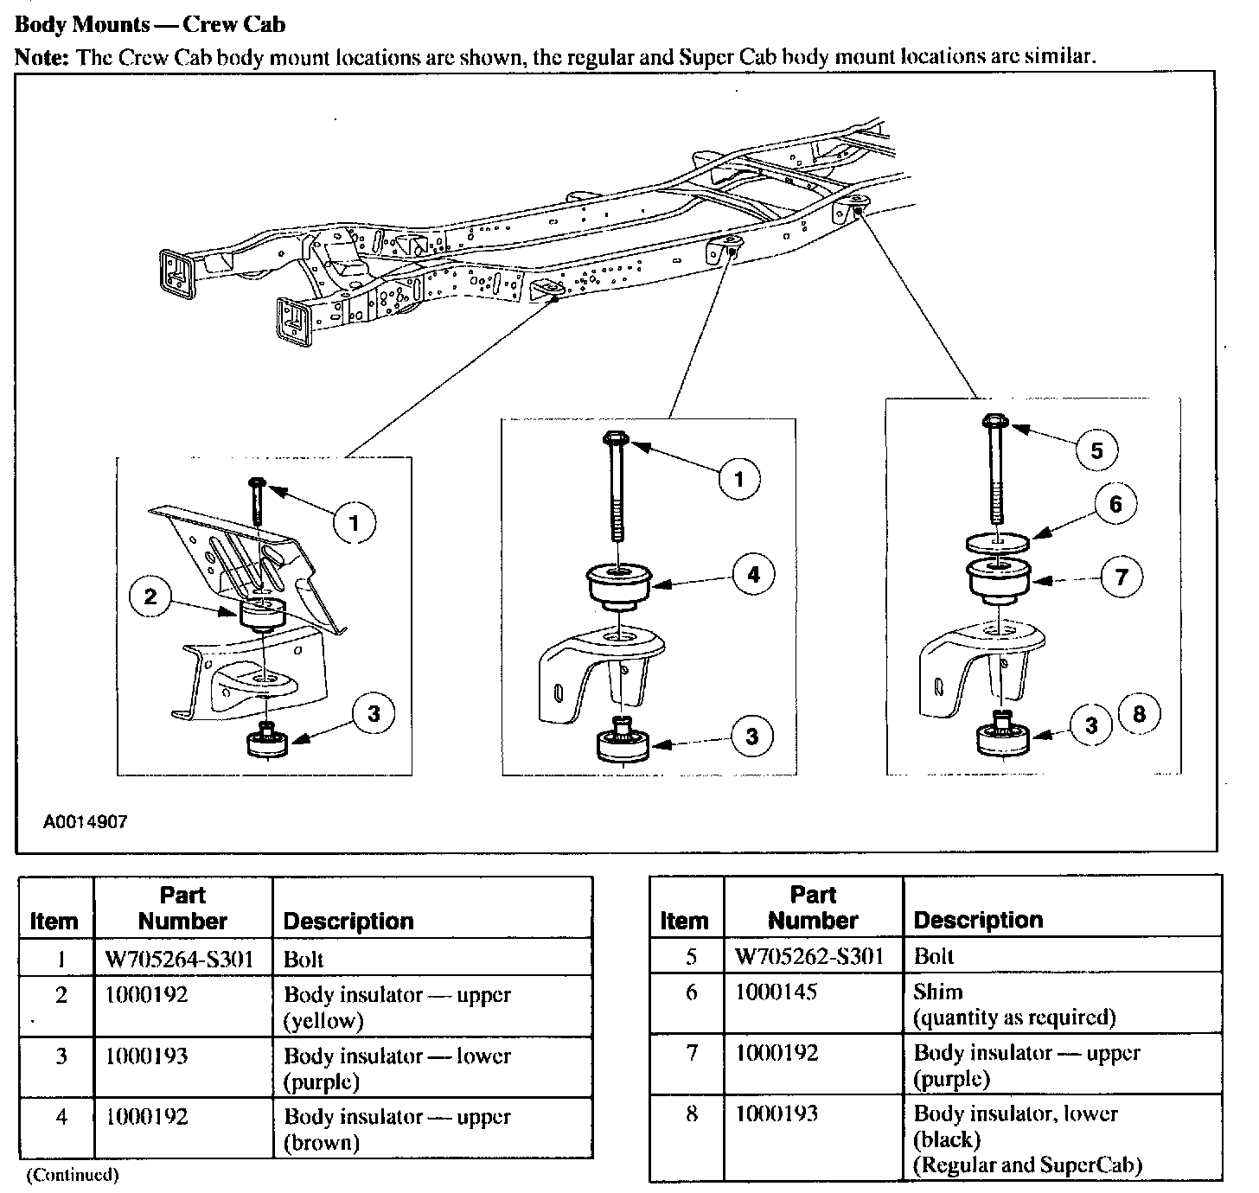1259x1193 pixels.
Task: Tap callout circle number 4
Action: tap(753, 574)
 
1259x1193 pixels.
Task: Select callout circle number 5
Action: tap(1096, 450)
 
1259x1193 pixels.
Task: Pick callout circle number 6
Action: tap(1115, 503)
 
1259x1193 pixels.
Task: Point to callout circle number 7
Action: tap(1122, 577)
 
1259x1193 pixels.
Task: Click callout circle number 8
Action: tap(1139, 713)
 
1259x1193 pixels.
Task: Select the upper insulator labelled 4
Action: tap(619, 586)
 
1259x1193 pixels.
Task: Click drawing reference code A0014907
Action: tap(86, 821)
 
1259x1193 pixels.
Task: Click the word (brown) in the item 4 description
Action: tap(321, 1143)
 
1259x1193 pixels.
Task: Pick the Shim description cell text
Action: tap(938, 991)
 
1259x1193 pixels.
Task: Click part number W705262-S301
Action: tap(809, 956)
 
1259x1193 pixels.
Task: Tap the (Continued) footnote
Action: tap(73, 1174)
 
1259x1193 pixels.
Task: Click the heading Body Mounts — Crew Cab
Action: tap(150, 23)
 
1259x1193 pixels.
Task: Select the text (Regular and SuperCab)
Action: tap(1028, 1165)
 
